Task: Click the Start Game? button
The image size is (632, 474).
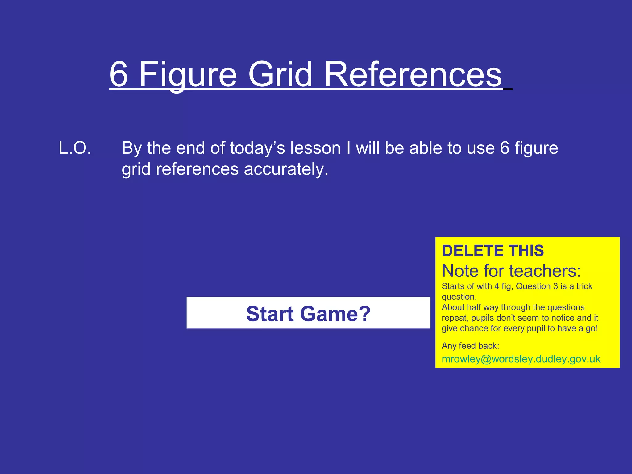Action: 308,313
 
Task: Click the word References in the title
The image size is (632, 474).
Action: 414,74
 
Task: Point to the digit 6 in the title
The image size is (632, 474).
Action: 119,74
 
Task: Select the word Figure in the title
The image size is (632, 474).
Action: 188,74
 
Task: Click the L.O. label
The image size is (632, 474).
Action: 75,148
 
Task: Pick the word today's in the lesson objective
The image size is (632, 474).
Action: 257,148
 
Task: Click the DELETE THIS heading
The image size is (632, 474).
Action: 493,251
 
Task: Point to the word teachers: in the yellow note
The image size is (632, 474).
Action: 545,271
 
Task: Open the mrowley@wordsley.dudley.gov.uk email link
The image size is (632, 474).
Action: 521,359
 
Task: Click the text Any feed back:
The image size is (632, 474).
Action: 470,346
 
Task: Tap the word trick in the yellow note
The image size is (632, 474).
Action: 584,286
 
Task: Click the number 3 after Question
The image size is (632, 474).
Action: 555,286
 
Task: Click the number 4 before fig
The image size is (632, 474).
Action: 497,286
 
